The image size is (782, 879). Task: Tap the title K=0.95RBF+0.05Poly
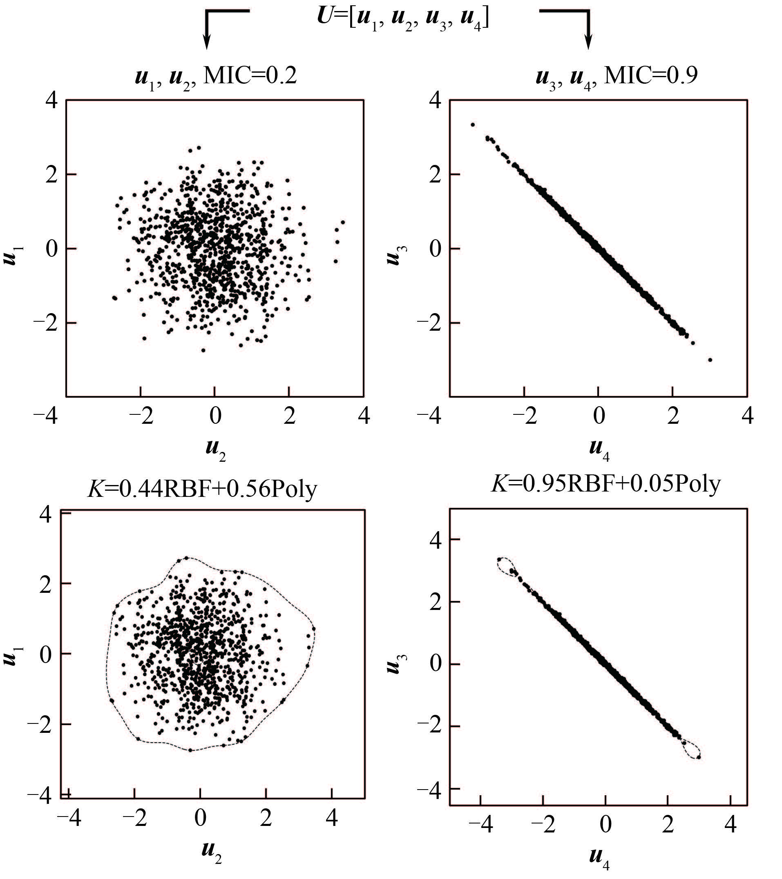point(605,484)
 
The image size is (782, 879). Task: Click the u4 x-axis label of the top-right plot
point(599,450)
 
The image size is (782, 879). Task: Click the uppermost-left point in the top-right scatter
point(473,125)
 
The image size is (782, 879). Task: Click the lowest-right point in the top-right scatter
point(710,360)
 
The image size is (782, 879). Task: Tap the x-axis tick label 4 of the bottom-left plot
point(331,817)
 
